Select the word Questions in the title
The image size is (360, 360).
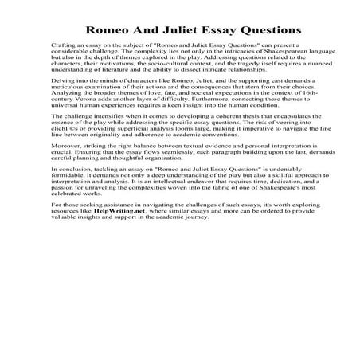(262, 30)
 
